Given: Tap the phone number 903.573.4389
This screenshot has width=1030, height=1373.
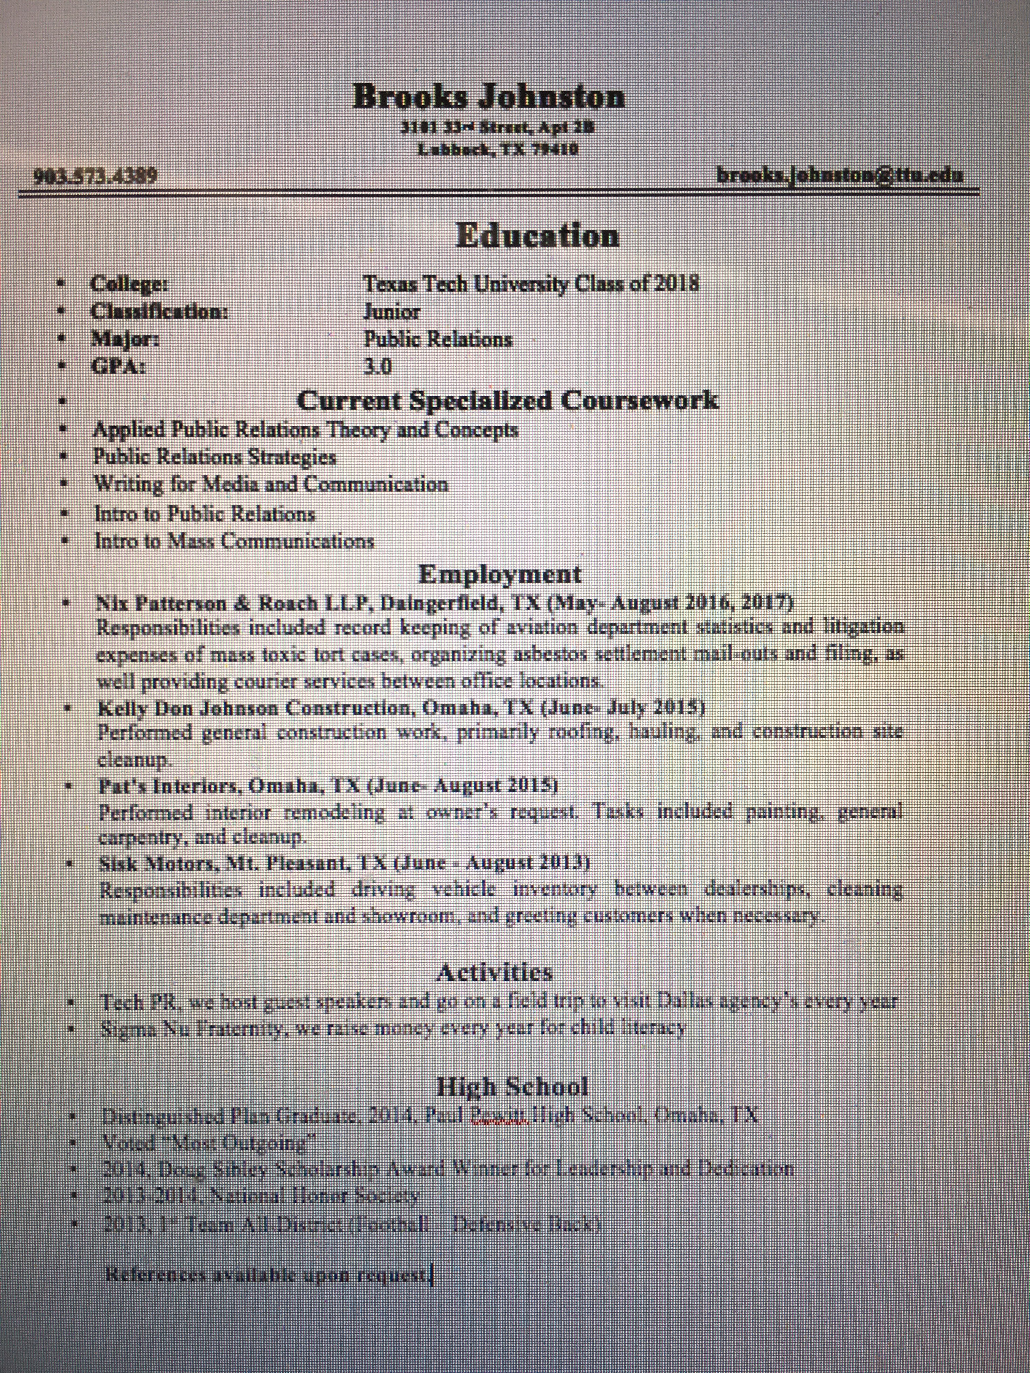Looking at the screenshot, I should click(95, 176).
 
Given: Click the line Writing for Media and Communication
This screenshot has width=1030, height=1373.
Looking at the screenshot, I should click(271, 484).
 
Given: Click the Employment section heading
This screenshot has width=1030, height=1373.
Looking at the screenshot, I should click(500, 574).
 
